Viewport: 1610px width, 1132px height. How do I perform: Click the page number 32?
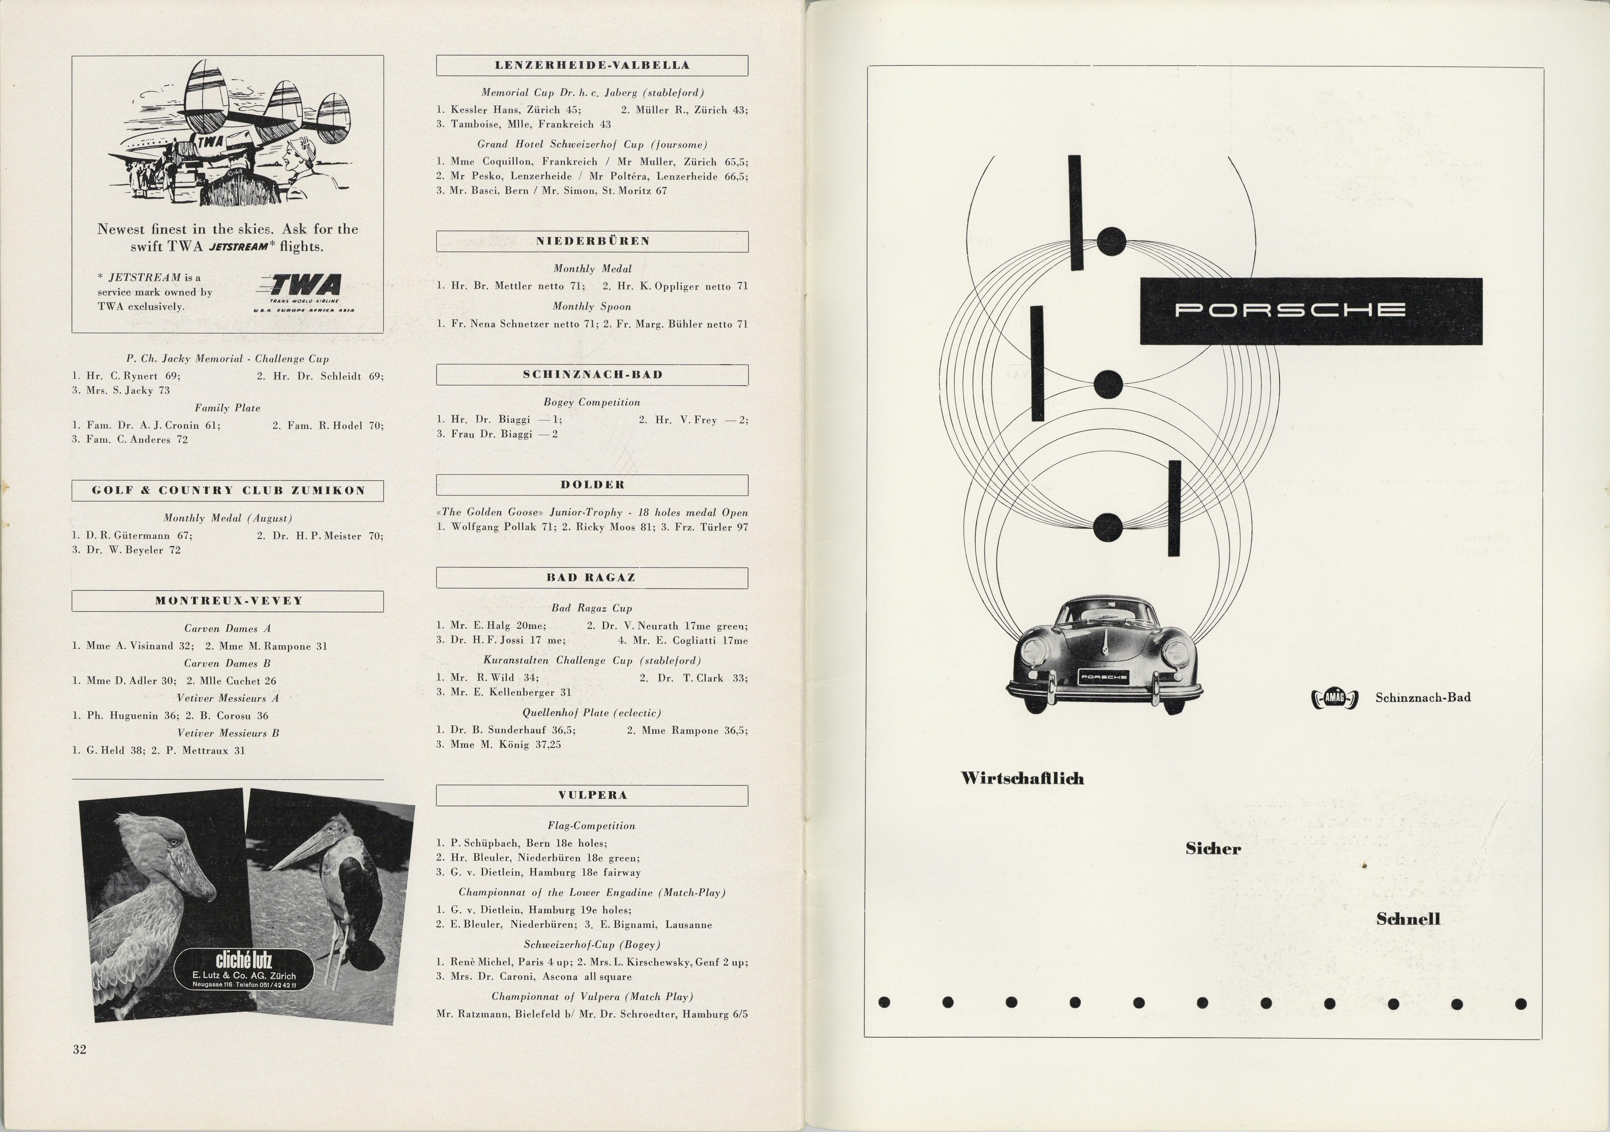79,1049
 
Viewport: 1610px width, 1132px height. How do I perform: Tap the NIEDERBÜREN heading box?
592,241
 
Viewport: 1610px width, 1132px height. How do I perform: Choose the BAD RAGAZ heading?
592,578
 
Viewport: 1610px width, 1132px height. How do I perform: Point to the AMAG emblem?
1335,698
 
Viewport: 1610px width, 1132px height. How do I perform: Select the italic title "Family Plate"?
227,408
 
